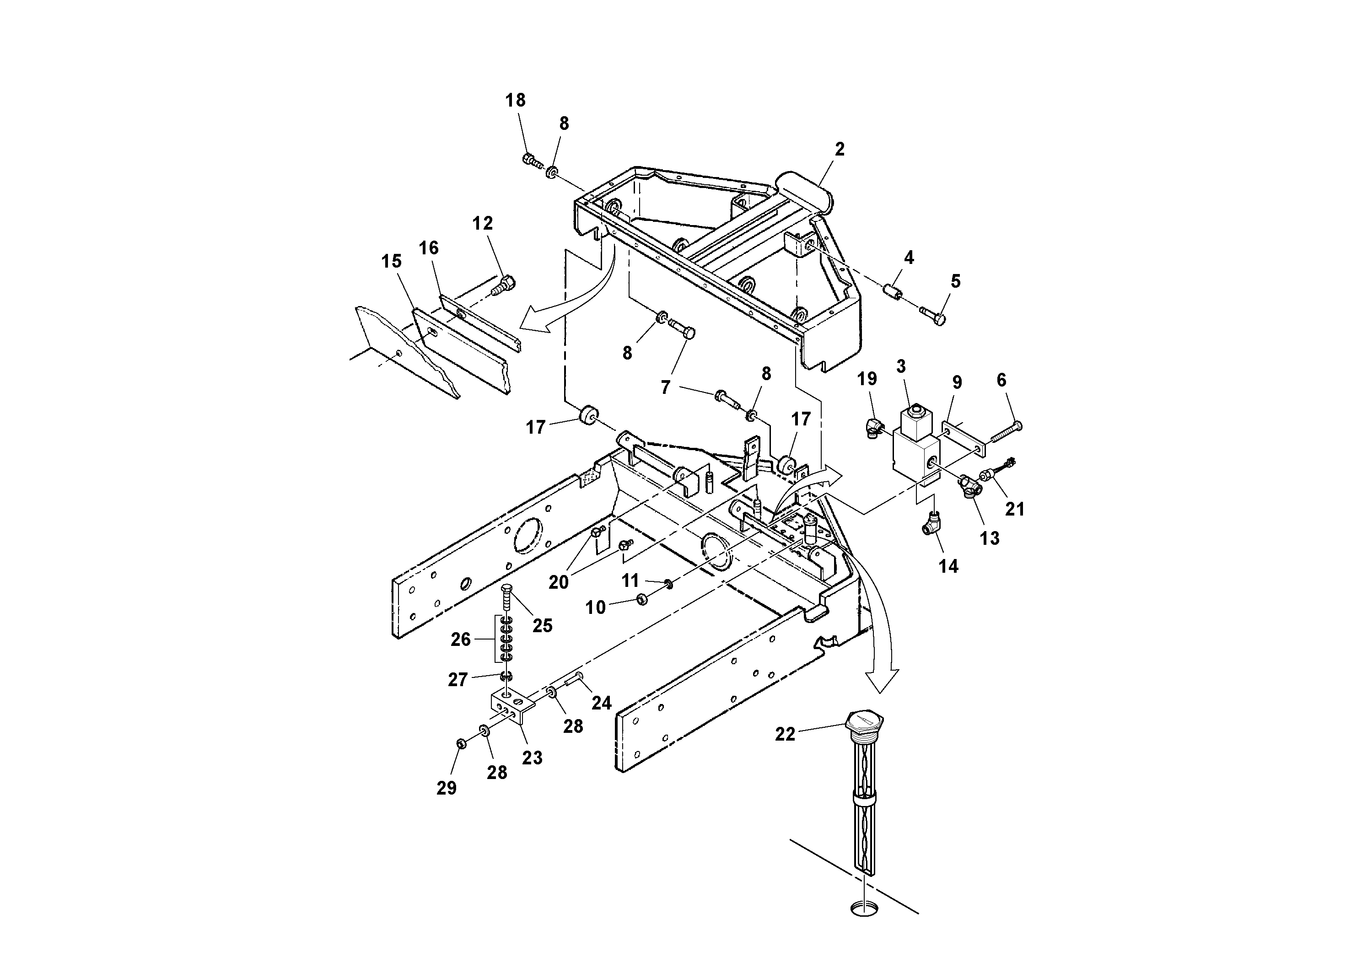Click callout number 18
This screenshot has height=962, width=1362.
point(515,100)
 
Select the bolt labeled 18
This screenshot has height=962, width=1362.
point(531,159)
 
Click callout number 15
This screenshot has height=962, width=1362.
point(391,262)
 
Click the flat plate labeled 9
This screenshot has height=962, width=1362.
point(964,439)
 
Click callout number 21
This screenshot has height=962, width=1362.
point(1014,509)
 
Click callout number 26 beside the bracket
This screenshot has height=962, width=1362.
point(460,640)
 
